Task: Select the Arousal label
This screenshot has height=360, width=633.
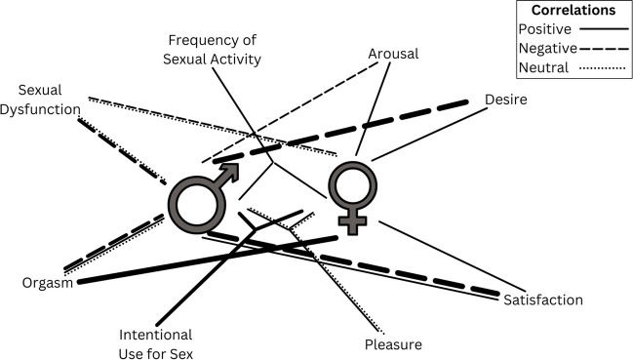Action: tap(393, 55)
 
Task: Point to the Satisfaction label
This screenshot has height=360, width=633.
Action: tap(542, 300)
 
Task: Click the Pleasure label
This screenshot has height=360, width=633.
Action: tap(392, 344)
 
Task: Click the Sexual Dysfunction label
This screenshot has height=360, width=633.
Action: tap(42, 100)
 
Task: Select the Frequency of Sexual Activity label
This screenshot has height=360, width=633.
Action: tap(216, 51)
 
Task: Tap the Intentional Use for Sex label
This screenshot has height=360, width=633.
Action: tap(156, 343)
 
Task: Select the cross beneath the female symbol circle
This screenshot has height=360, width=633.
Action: tap(352, 222)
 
